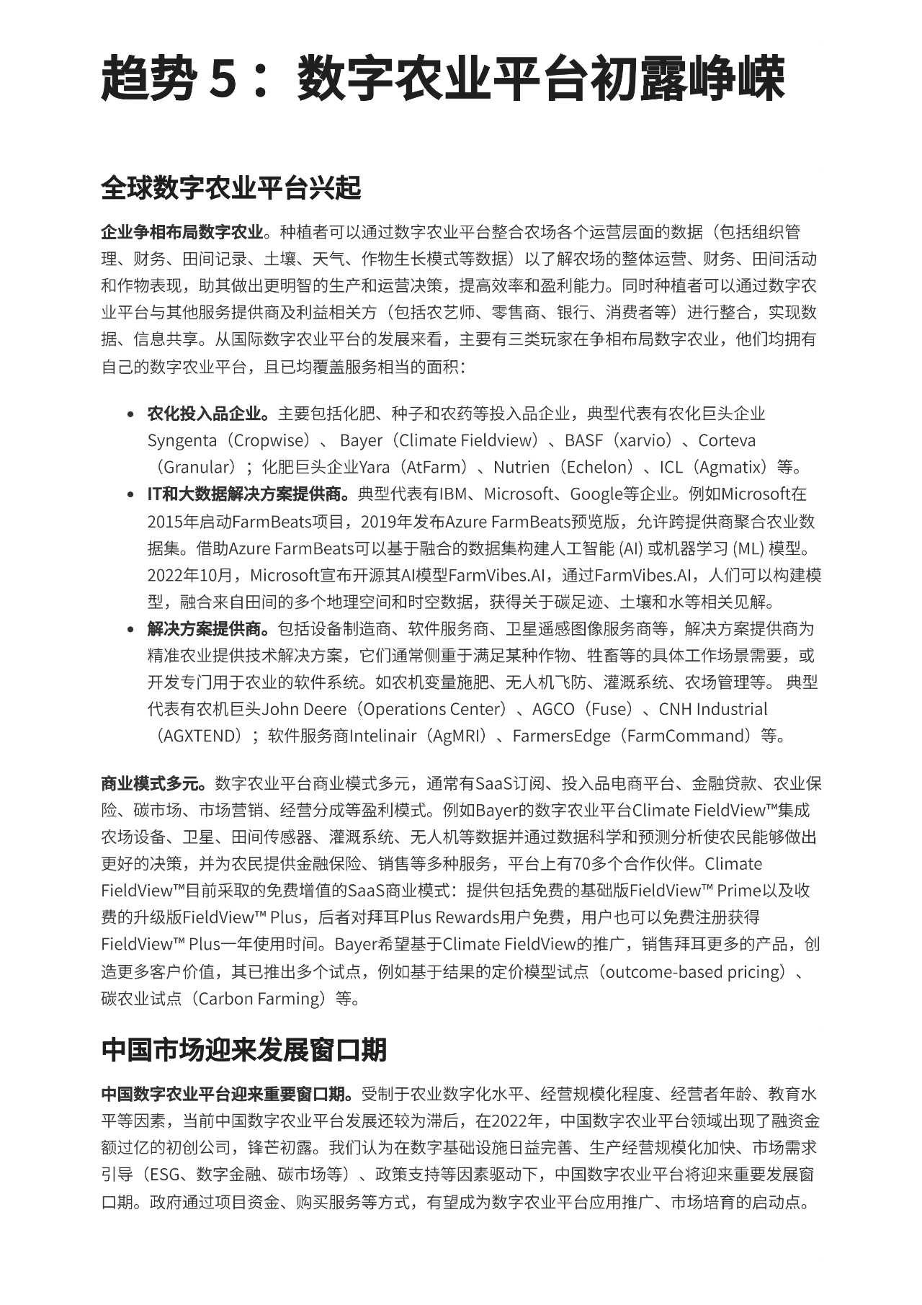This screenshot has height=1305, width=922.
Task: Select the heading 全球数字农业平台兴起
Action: [x=230, y=188]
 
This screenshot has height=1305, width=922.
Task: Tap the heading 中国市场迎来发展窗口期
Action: [x=243, y=1050]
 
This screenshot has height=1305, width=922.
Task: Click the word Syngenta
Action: [x=182, y=440]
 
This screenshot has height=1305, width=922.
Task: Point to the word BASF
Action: [x=583, y=440]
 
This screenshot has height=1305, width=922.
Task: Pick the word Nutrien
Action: [x=523, y=467]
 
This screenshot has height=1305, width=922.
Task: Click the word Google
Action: [x=596, y=494]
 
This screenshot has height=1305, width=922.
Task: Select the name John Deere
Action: [x=304, y=709]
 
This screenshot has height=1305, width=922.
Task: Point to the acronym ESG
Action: [x=163, y=1175]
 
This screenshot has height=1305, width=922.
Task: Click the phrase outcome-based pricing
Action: [x=694, y=972]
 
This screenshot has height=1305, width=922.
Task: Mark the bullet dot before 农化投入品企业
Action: [x=130, y=414]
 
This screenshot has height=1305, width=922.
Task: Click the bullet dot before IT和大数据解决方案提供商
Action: [x=130, y=495]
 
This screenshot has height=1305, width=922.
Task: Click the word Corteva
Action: [x=727, y=440]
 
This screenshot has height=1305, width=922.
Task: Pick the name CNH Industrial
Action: [x=713, y=709]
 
